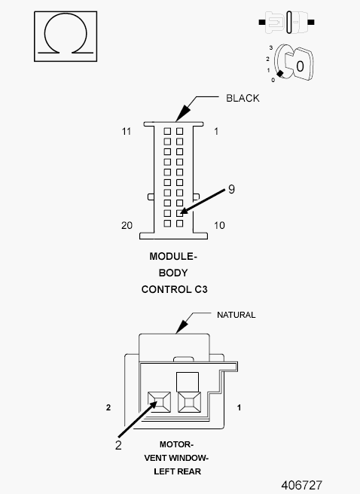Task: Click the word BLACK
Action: click(243, 99)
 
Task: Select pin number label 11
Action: click(127, 131)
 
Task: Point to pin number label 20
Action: click(127, 226)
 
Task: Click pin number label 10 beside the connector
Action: click(219, 226)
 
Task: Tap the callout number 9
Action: click(231, 189)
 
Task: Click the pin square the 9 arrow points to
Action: click(179, 213)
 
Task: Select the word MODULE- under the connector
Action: click(173, 257)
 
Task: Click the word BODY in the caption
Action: click(173, 273)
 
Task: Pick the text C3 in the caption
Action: click(200, 289)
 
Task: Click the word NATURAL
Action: click(236, 315)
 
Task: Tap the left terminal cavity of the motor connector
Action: click(160, 402)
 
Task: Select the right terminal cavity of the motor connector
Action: click(189, 402)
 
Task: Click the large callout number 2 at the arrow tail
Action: click(118, 445)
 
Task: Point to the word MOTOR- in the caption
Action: click(176, 444)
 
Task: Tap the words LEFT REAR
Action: click(177, 471)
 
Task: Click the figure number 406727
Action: click(302, 485)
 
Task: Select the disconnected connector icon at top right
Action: click(287, 22)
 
